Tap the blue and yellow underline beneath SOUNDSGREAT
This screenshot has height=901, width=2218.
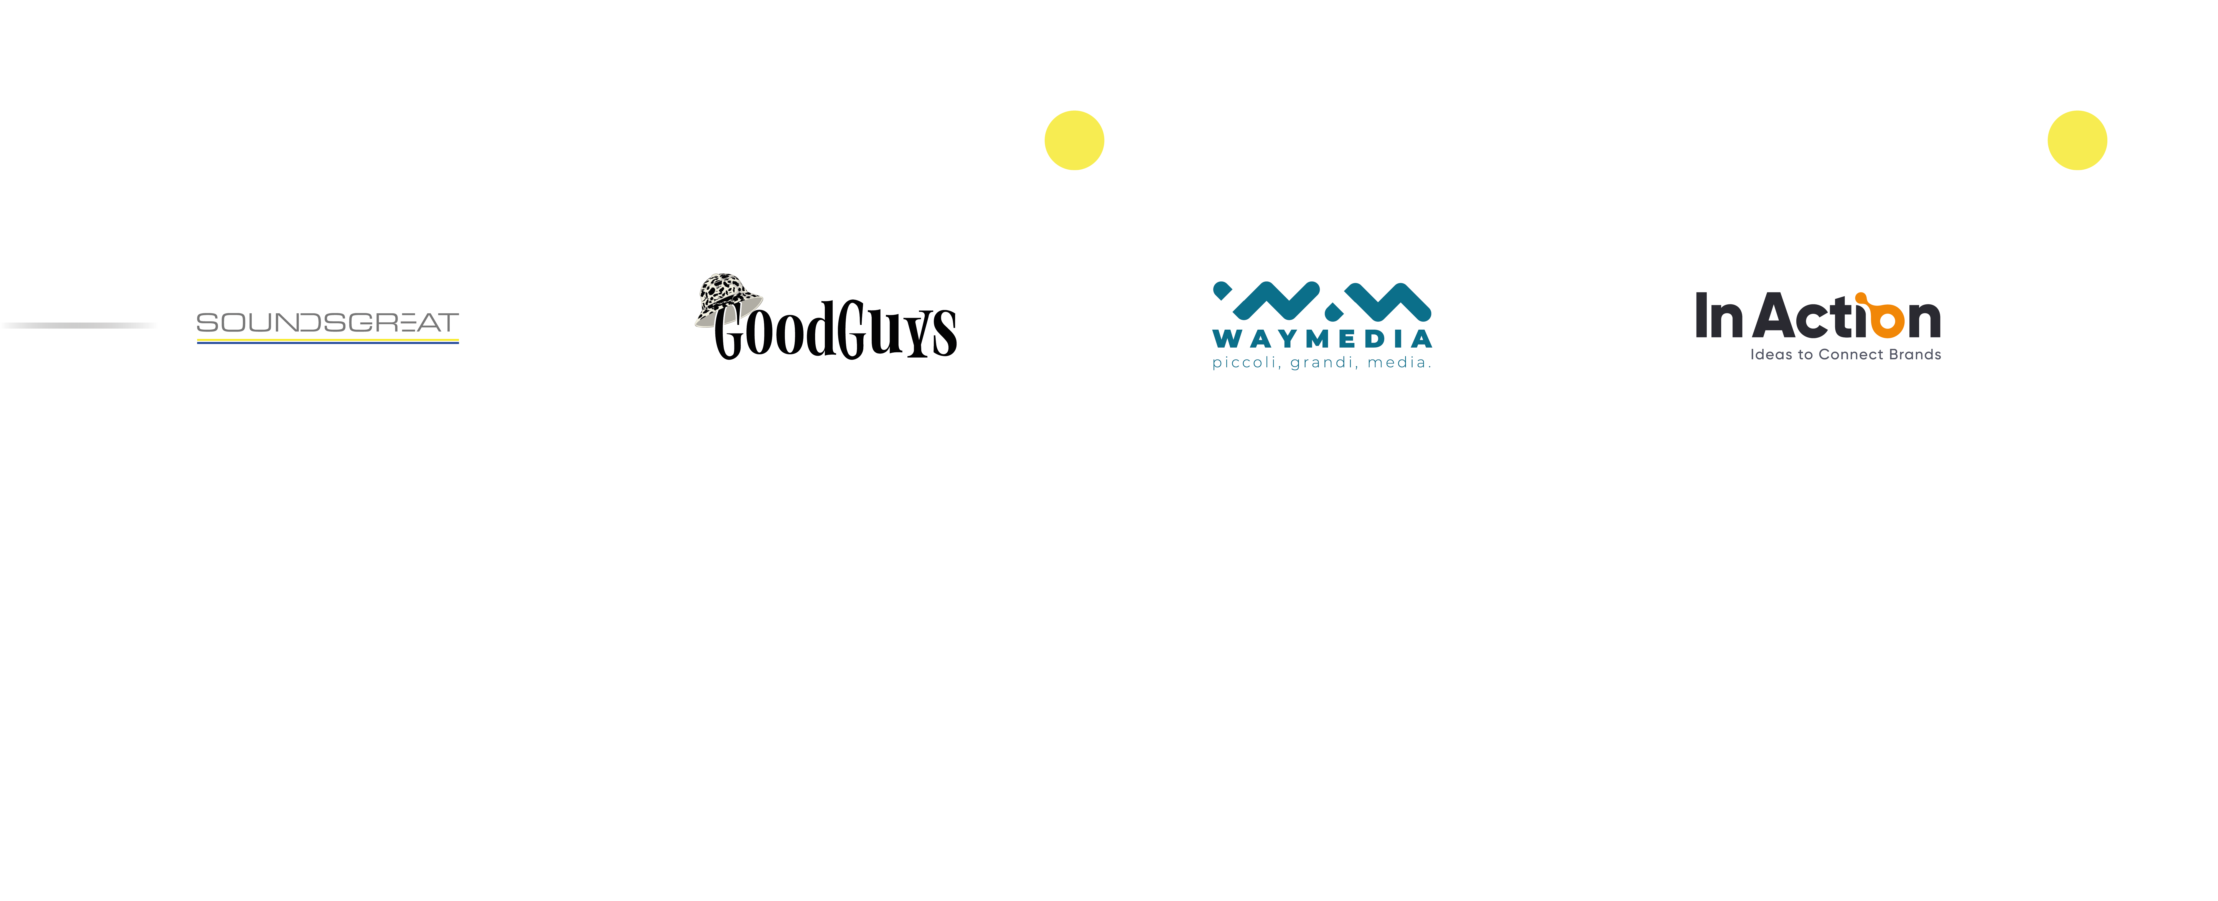point(327,341)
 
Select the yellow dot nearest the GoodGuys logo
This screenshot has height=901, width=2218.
point(1074,140)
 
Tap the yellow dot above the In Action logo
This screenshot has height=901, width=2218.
point(2077,140)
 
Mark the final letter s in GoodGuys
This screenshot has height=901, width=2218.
point(945,334)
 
